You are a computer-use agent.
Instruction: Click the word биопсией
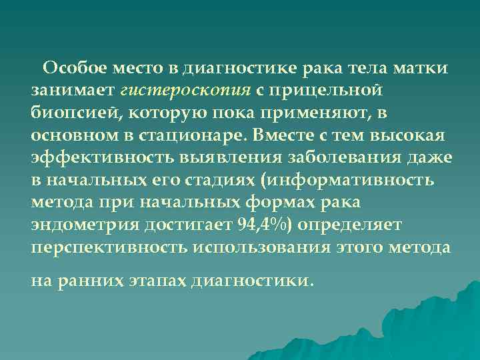click(x=65, y=113)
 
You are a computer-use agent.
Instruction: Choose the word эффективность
click(x=80, y=158)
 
